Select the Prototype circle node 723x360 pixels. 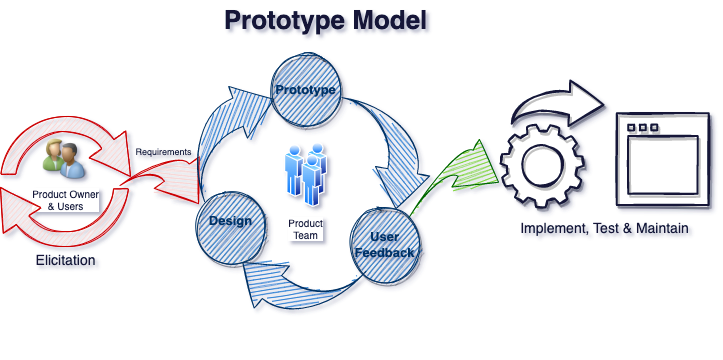pyautogui.click(x=306, y=91)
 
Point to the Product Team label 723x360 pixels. pyautogui.click(x=304, y=229)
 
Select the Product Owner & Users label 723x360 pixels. pyautogui.click(x=63, y=200)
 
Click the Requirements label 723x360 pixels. pyautogui.click(x=163, y=152)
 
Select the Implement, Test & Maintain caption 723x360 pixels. pyautogui.click(x=604, y=229)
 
